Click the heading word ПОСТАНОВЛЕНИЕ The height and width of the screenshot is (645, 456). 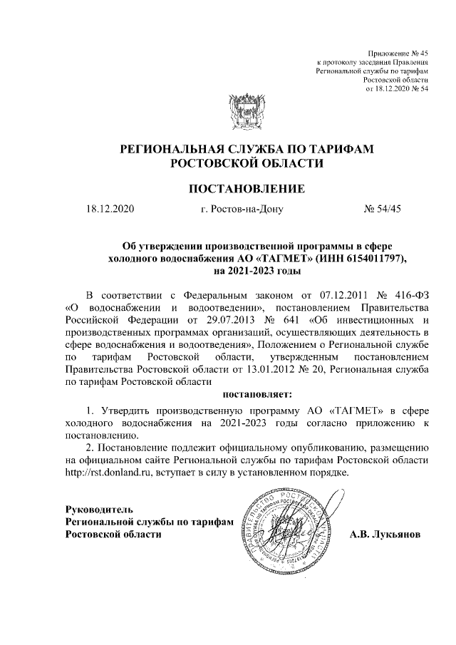coord(247,189)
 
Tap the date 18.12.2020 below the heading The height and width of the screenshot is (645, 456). coord(109,210)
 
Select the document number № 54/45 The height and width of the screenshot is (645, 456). coord(383,210)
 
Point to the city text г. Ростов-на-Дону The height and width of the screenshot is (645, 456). coord(243,210)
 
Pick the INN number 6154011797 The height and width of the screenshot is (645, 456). coord(377,258)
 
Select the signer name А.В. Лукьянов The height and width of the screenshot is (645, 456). coord(385,534)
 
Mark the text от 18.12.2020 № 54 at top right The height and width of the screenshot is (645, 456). coord(397,89)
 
